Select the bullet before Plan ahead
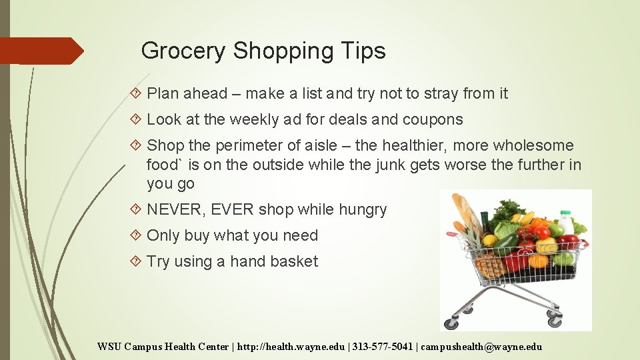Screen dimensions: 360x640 (x=137, y=94)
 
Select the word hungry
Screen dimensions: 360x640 (x=362, y=210)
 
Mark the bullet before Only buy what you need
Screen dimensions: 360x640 (x=137, y=236)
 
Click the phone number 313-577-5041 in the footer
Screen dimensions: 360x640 (x=379, y=347)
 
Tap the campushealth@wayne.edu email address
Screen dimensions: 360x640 (x=481, y=347)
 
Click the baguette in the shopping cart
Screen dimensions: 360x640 (x=467, y=213)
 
